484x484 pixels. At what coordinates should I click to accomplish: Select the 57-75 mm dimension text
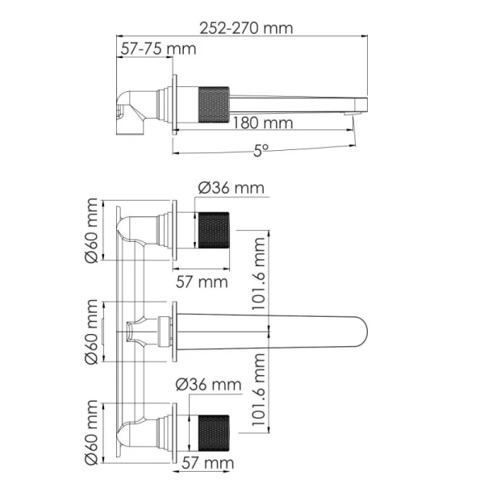tap(158, 48)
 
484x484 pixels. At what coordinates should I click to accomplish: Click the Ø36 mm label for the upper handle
tap(231, 188)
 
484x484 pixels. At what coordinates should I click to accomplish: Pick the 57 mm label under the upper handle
tap(202, 282)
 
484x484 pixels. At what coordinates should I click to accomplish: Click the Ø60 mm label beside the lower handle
tap(91, 432)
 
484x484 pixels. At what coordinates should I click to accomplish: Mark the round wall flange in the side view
tap(173, 102)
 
